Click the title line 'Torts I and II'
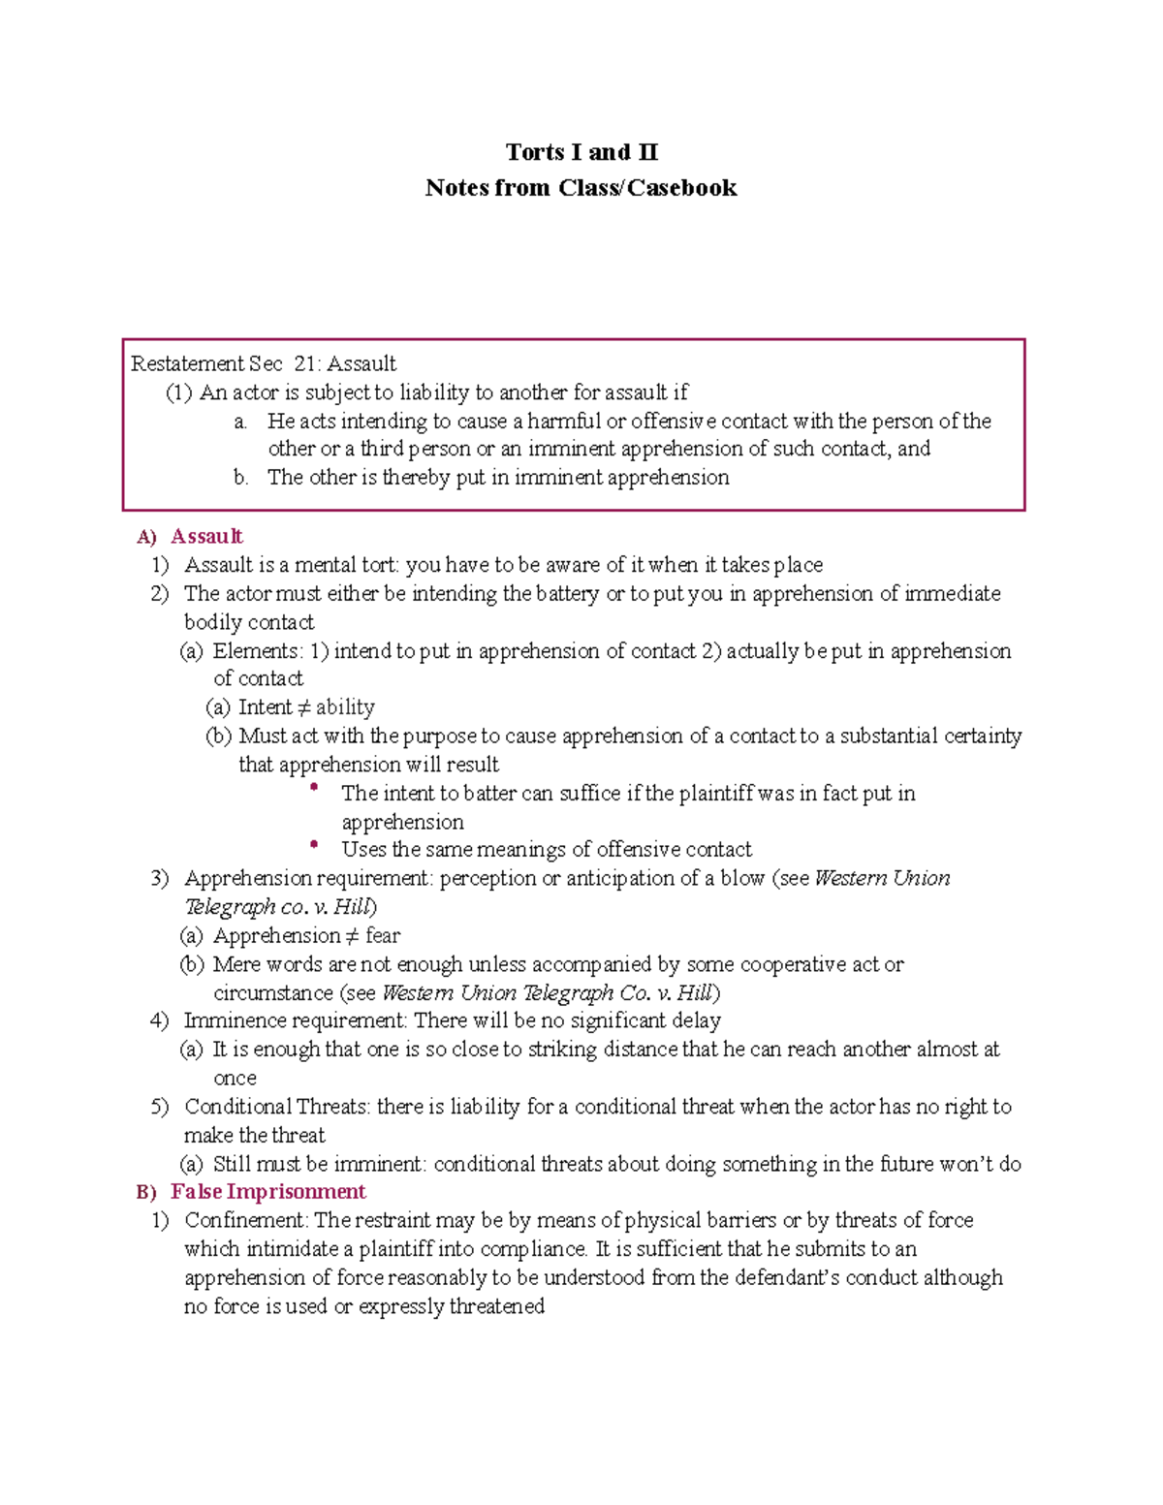[x=581, y=152]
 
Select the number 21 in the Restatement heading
[x=305, y=363]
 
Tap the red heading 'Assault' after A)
[x=206, y=537]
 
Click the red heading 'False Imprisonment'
[x=268, y=1192]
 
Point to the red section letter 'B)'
[x=146, y=1193]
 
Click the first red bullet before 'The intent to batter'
[x=314, y=789]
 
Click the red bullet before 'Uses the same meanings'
[x=314, y=845]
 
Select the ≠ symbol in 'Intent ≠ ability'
[x=303, y=707]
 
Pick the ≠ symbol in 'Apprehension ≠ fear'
[x=353, y=936]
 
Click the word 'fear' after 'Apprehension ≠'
[x=383, y=936]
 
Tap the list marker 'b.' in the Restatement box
[x=241, y=478]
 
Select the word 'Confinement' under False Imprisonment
[x=246, y=1220]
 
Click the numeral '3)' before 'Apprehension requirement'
[x=160, y=879]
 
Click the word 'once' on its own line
[x=235, y=1079]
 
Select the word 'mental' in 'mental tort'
[x=326, y=565]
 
